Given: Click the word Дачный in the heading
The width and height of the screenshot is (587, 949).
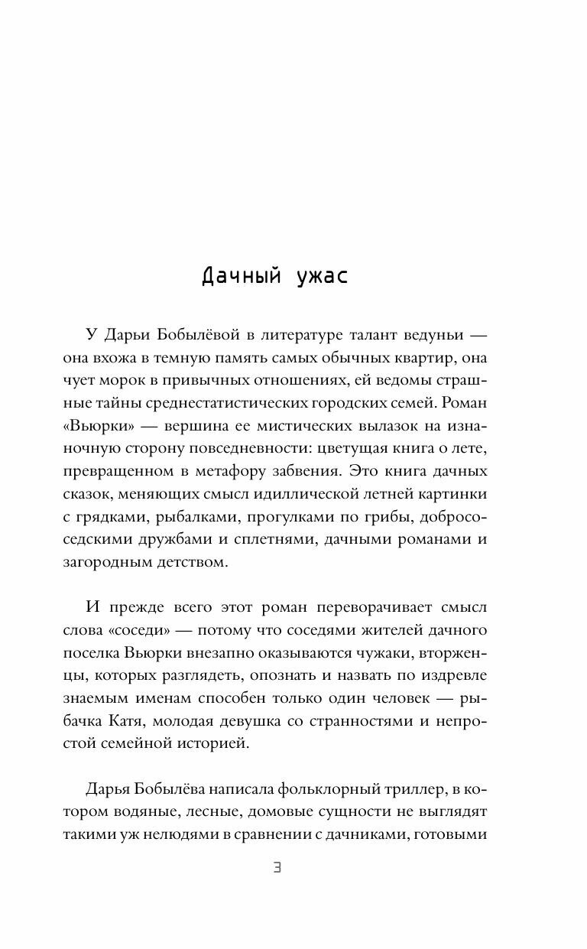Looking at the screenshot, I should [238, 275].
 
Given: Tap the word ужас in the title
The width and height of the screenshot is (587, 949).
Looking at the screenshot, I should [320, 275].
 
